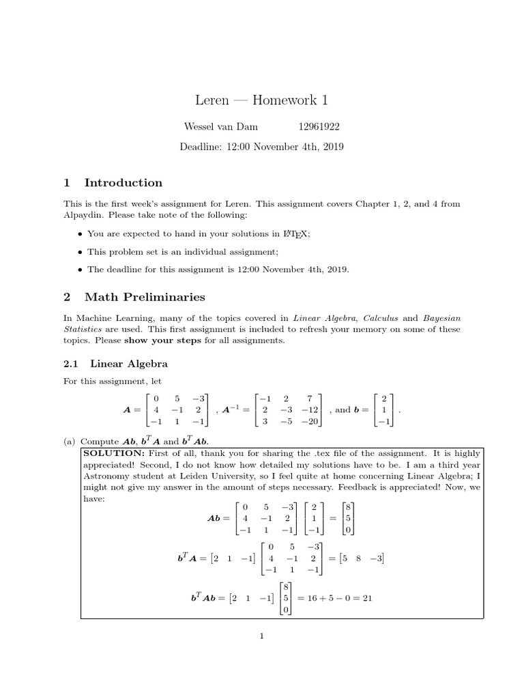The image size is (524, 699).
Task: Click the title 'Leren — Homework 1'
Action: pyautogui.click(x=261, y=100)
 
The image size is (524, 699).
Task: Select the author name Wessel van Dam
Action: pyautogui.click(x=222, y=127)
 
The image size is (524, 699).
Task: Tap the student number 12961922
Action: pyautogui.click(x=319, y=127)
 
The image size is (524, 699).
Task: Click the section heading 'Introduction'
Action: pyautogui.click(x=123, y=182)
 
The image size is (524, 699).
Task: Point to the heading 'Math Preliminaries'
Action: pyautogui.click(x=145, y=297)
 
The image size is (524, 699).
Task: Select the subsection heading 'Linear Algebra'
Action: pyautogui.click(x=128, y=364)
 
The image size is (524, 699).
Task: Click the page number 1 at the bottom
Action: pyautogui.click(x=261, y=636)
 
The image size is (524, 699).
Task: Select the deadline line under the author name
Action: pyautogui.click(x=261, y=147)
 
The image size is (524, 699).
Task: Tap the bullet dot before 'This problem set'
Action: pyautogui.click(x=81, y=252)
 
